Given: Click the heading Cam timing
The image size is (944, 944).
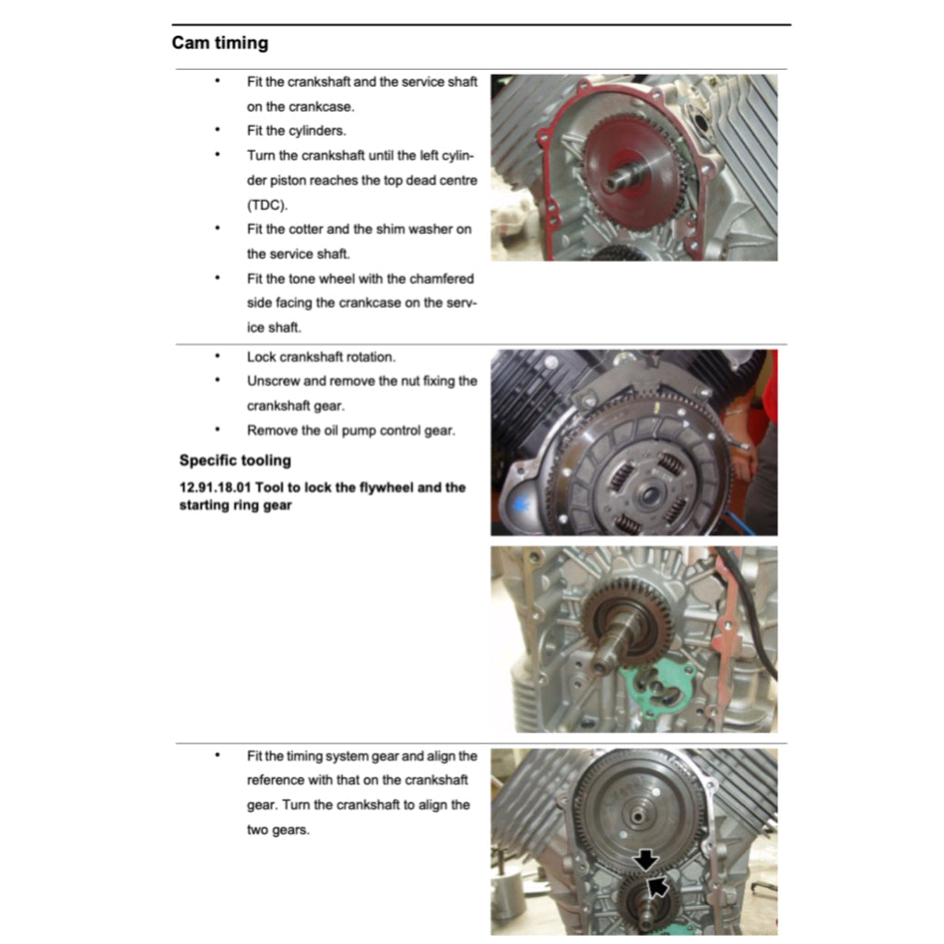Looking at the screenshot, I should click(x=219, y=42).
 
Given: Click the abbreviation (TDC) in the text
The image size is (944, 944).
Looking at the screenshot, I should click(x=266, y=205).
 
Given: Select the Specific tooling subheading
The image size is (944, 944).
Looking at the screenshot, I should click(x=234, y=460).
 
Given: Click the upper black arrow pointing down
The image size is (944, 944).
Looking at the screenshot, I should click(x=646, y=858).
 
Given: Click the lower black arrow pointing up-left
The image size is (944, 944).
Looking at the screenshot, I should click(x=657, y=886).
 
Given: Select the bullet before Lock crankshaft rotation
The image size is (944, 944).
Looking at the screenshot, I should click(x=218, y=356).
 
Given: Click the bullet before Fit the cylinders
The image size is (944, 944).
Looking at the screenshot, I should click(x=218, y=130).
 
